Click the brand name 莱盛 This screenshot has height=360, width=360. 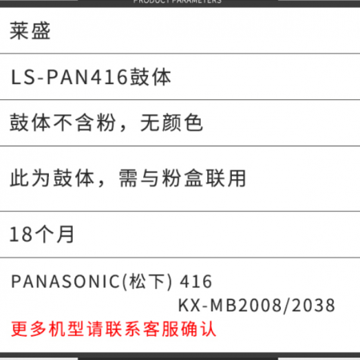coord(30,31)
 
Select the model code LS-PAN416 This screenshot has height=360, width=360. coord(70,77)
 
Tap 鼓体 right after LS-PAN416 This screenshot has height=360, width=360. coord(150,77)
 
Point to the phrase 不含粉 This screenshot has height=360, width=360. coord(85,122)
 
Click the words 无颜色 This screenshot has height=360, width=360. coord(172,122)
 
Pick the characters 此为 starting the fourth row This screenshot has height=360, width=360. coord(30,178)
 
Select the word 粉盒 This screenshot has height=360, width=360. coord(182,178)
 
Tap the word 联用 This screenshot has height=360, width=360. coord(226,178)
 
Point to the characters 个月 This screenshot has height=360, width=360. coord(54,234)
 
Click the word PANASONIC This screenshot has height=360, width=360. coord(66,282)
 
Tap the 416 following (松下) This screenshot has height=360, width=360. coord(196,282)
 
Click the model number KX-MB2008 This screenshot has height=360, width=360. coord(230,305)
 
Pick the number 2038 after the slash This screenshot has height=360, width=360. coord(314,305)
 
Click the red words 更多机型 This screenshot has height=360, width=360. coord(48,329)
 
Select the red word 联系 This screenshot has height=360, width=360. coord(123,329)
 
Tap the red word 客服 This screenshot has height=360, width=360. coord(161,329)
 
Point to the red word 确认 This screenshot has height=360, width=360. coord(198,329)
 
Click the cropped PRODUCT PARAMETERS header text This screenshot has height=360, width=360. coord(178,2)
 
